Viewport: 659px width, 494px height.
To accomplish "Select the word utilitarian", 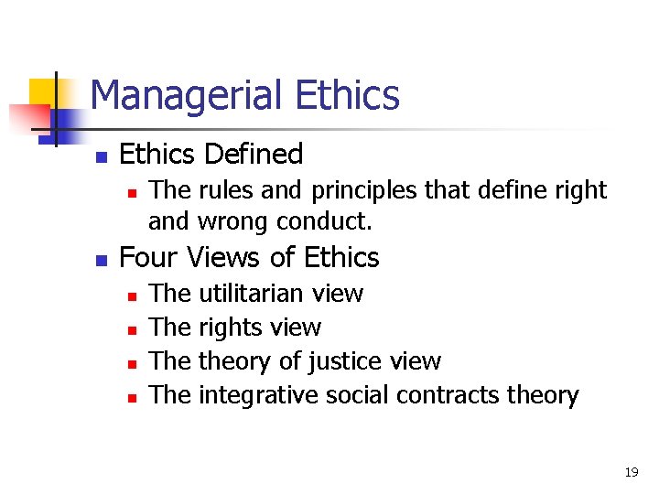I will (x=251, y=294).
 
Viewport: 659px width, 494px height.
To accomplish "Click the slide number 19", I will (x=631, y=472).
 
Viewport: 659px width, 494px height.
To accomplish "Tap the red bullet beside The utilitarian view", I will (x=132, y=295).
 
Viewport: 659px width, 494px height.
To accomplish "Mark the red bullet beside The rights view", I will (x=132, y=329).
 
